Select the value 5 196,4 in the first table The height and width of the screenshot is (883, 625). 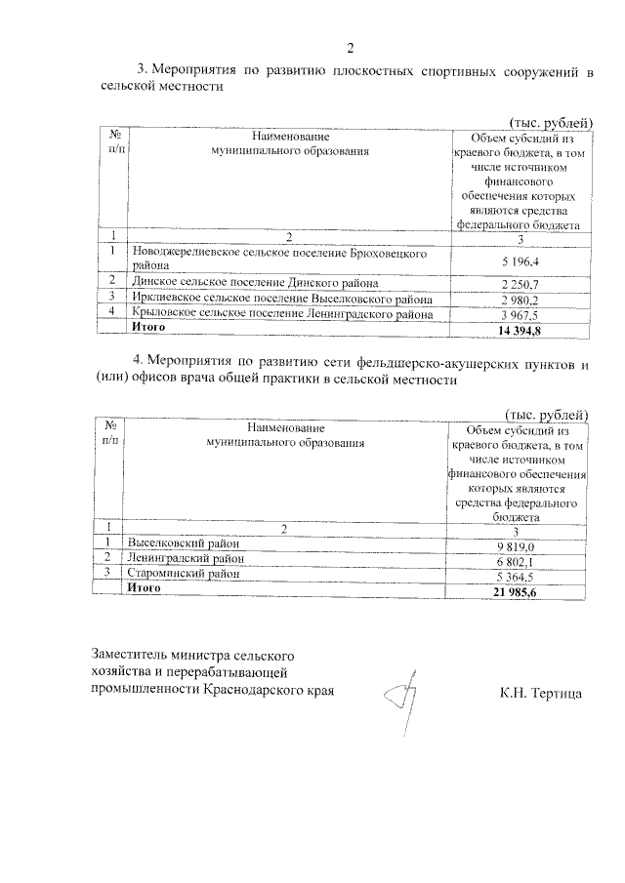tap(521, 262)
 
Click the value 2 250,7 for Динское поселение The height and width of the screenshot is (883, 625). tap(521, 283)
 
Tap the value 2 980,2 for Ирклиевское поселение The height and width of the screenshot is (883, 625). tap(521, 299)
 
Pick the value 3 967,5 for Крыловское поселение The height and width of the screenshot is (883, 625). tap(521, 314)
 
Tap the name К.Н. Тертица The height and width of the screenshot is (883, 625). tap(540, 694)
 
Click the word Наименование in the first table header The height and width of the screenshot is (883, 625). tap(290, 137)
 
